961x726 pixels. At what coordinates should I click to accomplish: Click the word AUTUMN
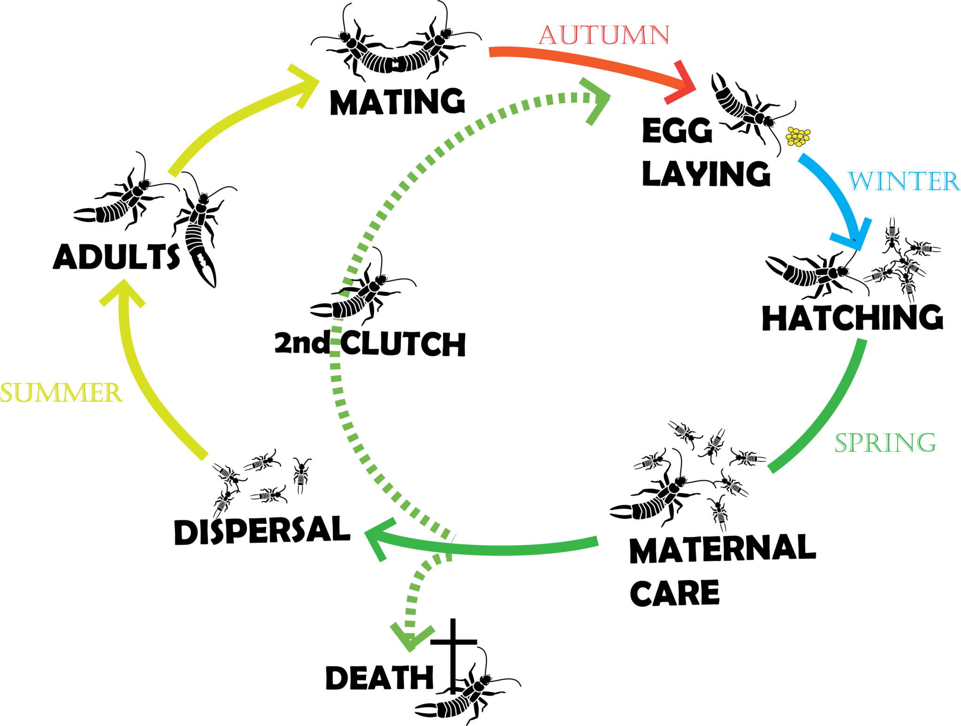604,35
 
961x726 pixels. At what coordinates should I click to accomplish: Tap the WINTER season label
904,181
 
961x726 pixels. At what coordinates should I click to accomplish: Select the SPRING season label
885,442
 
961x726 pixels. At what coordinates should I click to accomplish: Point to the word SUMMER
61,393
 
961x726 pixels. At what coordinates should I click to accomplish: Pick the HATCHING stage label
853,318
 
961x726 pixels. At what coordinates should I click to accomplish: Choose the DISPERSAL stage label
262,531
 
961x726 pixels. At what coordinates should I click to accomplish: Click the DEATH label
379,678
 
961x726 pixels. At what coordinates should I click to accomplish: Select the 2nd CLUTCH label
370,343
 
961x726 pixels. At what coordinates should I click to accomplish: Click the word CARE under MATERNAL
674,593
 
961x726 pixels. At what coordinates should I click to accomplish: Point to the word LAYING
706,174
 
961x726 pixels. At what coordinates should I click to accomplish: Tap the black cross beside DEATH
453,653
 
